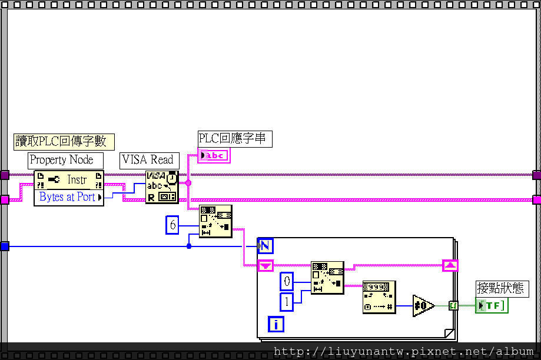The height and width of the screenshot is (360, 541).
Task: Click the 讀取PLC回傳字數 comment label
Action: point(64,141)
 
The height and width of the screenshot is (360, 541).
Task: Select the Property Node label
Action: point(65,160)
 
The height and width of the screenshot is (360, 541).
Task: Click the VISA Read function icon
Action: point(162,187)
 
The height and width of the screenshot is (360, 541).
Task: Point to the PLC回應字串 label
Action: point(235,139)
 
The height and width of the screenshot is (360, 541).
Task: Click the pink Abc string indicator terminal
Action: point(213,155)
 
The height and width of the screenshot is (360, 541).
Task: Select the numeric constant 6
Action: point(172,225)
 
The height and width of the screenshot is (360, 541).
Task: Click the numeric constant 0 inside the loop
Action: point(287,282)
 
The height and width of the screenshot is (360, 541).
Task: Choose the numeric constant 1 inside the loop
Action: point(287,302)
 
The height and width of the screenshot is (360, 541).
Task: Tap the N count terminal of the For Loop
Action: point(265,246)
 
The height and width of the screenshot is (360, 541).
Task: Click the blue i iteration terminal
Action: point(277,324)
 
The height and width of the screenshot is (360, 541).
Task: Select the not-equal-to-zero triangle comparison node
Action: point(423,306)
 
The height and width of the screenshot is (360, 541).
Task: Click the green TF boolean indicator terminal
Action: point(491,305)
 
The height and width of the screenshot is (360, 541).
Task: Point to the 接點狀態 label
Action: point(499,289)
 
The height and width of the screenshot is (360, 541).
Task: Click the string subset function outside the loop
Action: point(215,221)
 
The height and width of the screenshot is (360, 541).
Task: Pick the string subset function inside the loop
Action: point(327,278)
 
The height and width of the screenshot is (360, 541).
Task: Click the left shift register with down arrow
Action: point(265,266)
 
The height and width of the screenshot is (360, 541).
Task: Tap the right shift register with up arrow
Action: point(450,265)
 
